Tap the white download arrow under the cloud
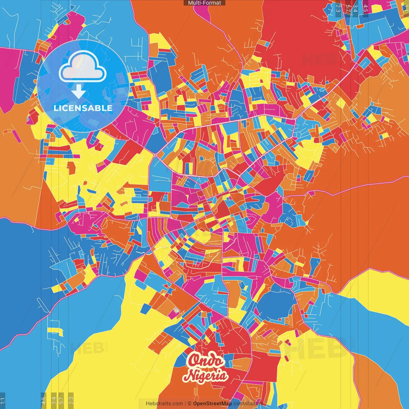point(78,92)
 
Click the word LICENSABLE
point(83,108)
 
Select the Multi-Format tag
point(204,3)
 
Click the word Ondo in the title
point(205,361)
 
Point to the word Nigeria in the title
point(207,375)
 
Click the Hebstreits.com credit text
point(164,404)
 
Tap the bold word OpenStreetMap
point(212,404)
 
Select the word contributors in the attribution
point(248,404)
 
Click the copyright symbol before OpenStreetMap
point(189,404)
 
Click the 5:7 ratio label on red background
point(348,8)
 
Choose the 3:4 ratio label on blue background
point(355,8)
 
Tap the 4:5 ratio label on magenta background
point(366,8)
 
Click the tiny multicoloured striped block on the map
point(176,310)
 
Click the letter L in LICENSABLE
point(56,108)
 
